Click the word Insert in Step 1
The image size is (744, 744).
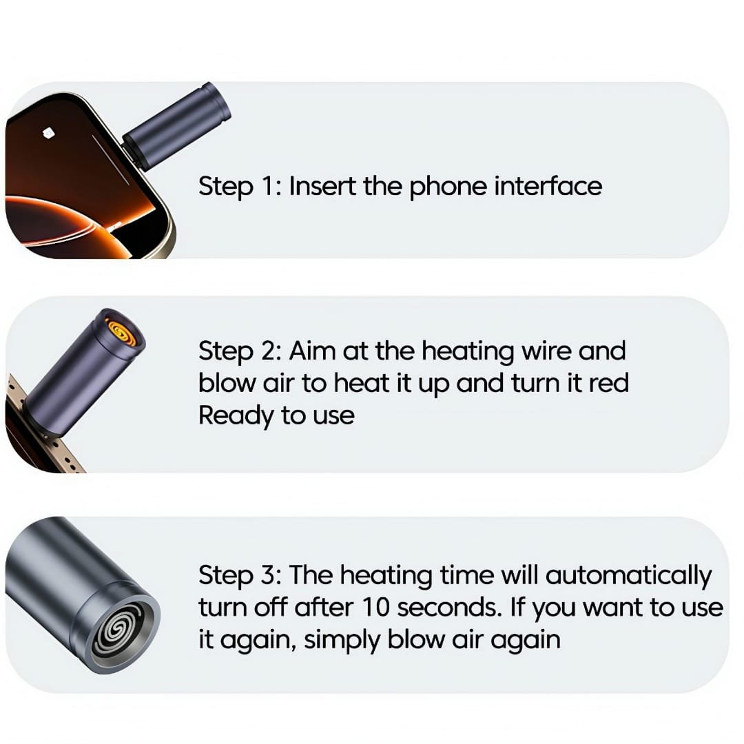[x=322, y=185]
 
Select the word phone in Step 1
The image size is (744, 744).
[x=448, y=187]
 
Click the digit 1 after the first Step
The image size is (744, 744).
[x=267, y=185]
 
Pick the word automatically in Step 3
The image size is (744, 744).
[x=628, y=575]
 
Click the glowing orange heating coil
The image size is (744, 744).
[x=123, y=331]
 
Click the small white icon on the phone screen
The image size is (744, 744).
[x=48, y=134]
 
